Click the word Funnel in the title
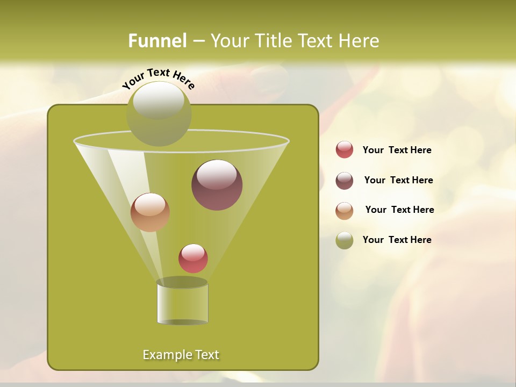157,41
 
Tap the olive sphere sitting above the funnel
159,113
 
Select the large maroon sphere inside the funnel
217,185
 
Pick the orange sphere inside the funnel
150,212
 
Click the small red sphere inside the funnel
193,259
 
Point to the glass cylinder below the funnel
182,303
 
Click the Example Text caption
181,355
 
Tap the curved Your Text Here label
158,78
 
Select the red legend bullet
345,150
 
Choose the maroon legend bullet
345,181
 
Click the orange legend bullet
345,211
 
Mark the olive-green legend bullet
345,240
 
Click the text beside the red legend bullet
397,150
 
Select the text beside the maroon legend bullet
398,181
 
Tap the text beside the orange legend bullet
399,210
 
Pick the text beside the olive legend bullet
397,240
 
